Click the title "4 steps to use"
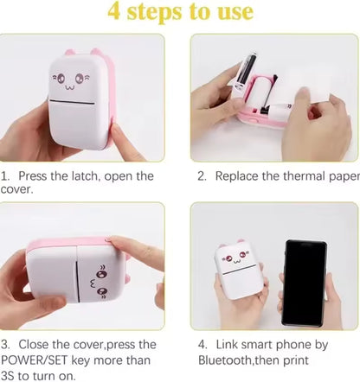179,12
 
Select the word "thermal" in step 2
303,176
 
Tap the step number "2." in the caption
202,176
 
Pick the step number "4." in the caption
202,344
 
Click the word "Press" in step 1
36,176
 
